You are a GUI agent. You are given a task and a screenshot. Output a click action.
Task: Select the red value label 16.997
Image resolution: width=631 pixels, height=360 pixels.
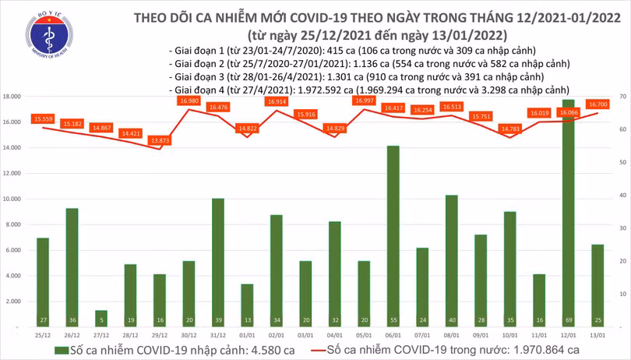coord(364,101)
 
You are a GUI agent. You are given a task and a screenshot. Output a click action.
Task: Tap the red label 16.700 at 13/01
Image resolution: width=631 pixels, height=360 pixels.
coord(598,104)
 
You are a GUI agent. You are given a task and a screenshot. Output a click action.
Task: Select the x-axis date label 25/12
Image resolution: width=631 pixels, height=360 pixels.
coord(43,336)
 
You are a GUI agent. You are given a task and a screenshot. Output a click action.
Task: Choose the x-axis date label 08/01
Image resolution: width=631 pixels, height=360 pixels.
coord(452,336)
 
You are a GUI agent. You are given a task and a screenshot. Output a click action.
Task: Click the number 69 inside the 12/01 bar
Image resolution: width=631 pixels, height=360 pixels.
coord(569,320)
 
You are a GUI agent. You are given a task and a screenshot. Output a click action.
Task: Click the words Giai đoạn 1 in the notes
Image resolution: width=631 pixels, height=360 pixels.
coord(198,50)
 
